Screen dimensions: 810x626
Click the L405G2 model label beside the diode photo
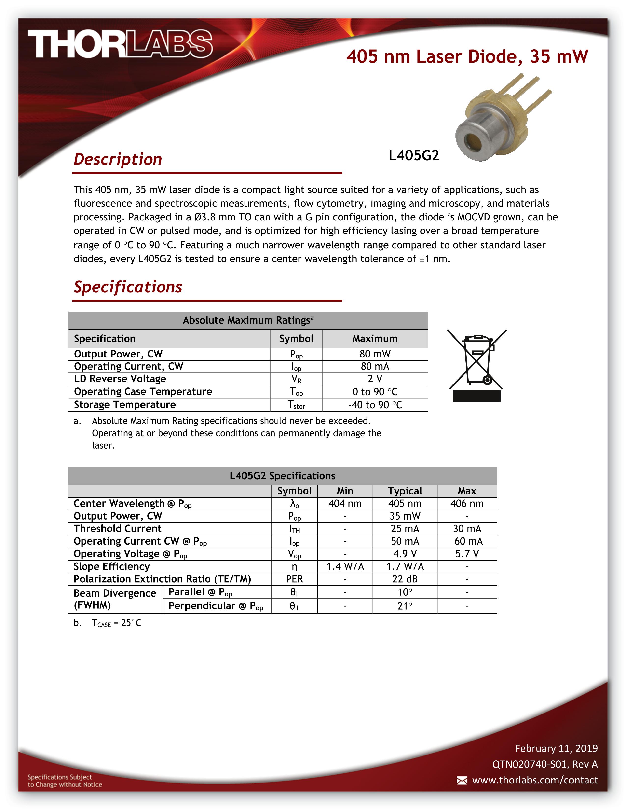click(x=413, y=155)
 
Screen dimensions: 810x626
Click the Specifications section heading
click(x=128, y=287)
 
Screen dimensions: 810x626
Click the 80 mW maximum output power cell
click(x=375, y=354)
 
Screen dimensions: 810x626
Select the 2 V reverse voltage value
click(x=375, y=379)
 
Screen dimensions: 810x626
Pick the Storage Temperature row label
click(x=125, y=405)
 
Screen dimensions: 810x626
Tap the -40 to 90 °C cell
click(x=375, y=405)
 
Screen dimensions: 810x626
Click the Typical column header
click(x=405, y=491)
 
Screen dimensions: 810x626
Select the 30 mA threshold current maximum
click(x=467, y=529)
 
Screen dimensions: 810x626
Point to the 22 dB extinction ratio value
click(x=405, y=579)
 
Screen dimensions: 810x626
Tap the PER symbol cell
click(x=294, y=579)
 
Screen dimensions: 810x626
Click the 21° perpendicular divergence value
click(x=405, y=606)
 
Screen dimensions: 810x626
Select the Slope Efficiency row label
click(x=112, y=566)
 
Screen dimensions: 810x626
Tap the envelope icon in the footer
click(x=462, y=780)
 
